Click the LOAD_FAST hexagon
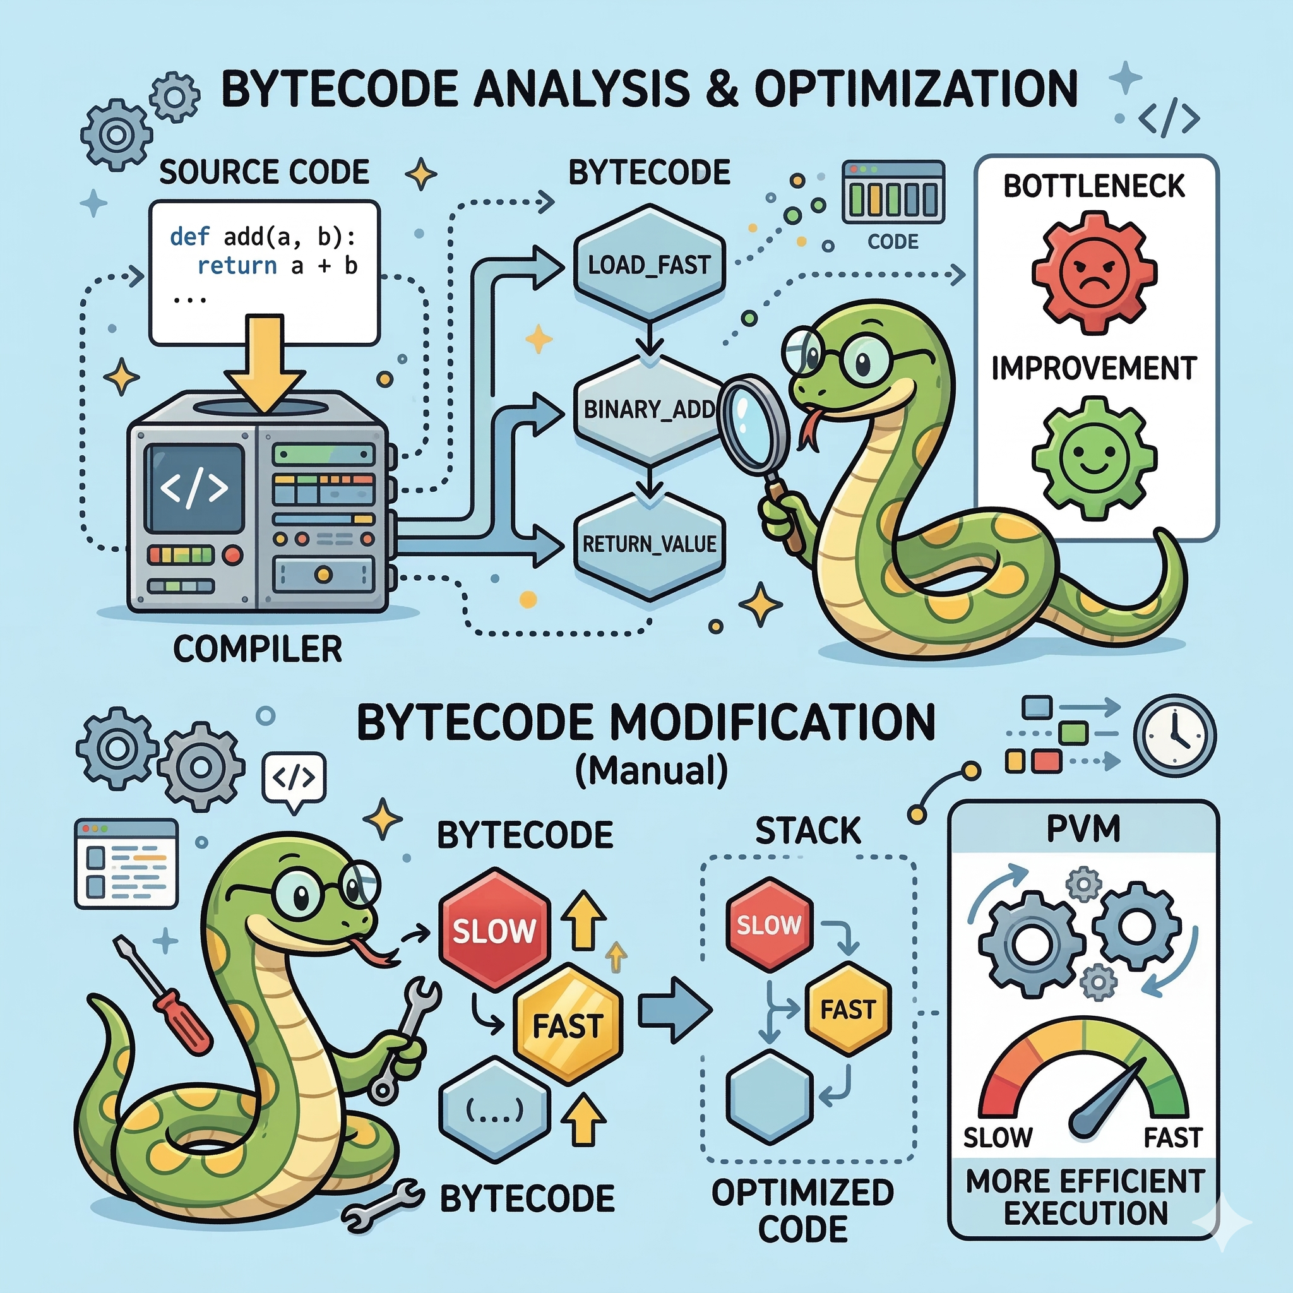tap(648, 265)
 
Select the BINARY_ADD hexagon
tap(646, 409)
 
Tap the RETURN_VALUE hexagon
tap(648, 544)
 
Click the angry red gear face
tap(1093, 272)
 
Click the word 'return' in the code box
tap(237, 266)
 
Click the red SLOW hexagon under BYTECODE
tap(494, 930)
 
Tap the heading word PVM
tap(1083, 829)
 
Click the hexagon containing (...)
tap(494, 1111)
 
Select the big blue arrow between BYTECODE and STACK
tap(672, 1011)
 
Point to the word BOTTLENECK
tap(1093, 186)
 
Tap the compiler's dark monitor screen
tap(194, 488)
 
